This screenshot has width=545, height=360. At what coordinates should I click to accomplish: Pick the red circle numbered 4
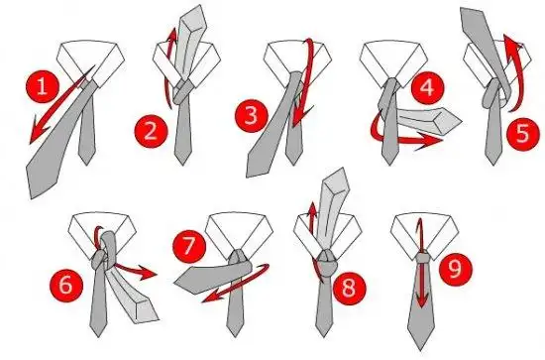coord(426,88)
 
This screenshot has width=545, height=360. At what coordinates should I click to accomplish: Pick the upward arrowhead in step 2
coord(171,41)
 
